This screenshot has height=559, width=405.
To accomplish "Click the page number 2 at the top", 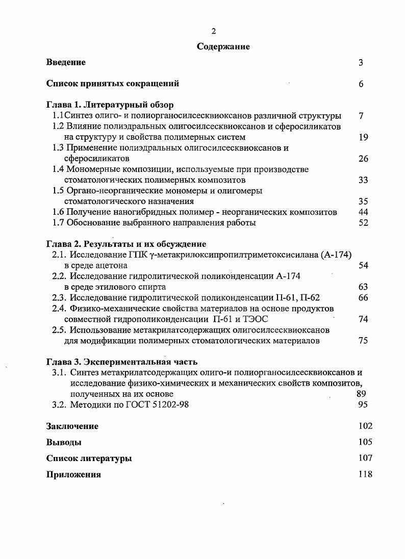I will click(x=214, y=31).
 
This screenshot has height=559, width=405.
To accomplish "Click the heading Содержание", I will click(x=223, y=47).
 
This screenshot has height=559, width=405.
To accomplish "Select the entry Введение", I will click(x=66, y=63).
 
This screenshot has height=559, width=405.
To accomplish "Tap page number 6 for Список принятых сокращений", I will click(x=361, y=84).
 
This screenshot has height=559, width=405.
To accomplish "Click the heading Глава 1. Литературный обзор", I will click(x=110, y=106).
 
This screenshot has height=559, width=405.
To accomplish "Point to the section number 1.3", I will click(x=59, y=148).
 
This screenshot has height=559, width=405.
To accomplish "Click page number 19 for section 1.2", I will click(x=363, y=137).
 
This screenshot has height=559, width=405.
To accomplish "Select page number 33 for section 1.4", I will click(x=363, y=180).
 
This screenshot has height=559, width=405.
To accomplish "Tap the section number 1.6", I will click(x=59, y=212).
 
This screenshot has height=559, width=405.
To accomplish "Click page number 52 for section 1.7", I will click(x=363, y=223).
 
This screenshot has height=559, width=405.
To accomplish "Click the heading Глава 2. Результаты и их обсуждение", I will click(x=126, y=244).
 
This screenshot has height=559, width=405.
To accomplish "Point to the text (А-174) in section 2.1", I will click(x=337, y=255).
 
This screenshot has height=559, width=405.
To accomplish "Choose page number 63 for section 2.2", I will click(x=363, y=287).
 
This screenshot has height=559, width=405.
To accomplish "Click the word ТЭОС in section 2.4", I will click(x=255, y=319).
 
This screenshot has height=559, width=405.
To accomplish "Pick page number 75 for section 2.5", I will click(x=363, y=341).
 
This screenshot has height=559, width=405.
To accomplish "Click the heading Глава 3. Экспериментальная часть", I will click(x=121, y=362).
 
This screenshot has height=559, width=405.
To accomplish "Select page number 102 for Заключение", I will click(x=365, y=426).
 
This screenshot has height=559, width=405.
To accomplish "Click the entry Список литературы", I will click(x=89, y=459).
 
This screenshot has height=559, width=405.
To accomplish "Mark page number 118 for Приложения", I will click(x=365, y=474).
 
